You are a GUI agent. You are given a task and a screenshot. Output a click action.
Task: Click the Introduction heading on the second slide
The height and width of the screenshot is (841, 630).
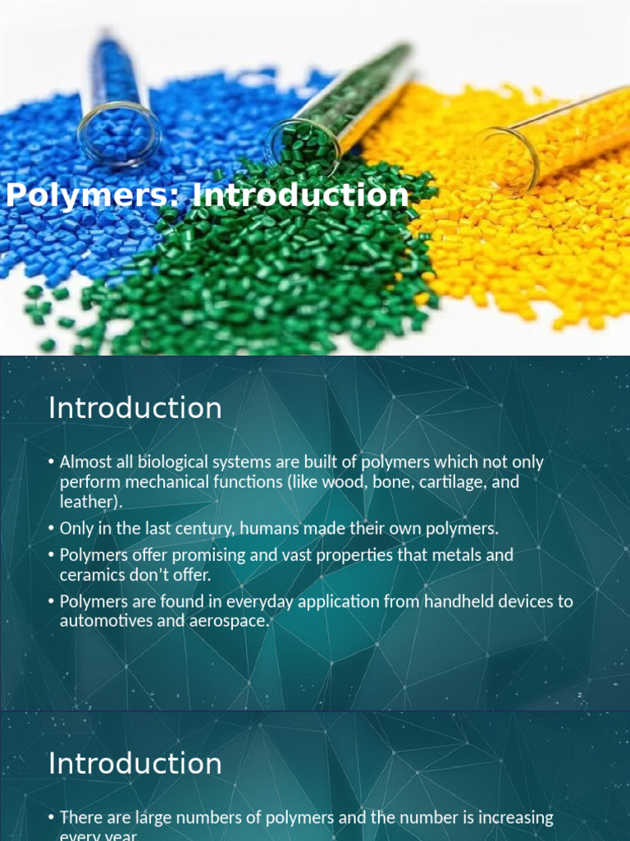point(135,408)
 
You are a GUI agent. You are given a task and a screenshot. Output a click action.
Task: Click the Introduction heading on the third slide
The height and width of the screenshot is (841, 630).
point(135,763)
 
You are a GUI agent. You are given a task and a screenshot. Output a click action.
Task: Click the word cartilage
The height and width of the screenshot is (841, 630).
point(456,482)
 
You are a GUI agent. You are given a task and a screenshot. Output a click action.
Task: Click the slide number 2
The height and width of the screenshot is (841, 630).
point(580,696)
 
